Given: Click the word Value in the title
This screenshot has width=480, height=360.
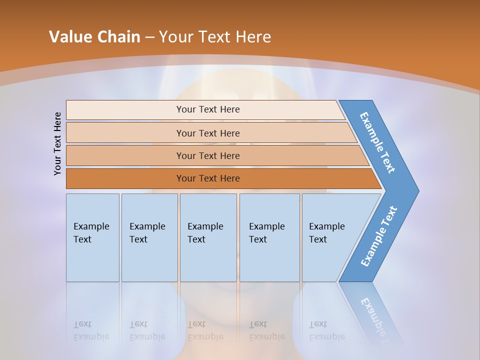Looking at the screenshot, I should [x=70, y=36].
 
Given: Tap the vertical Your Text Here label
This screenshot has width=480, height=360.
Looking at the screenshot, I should [x=57, y=143].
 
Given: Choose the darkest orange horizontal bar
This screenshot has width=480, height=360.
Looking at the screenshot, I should [x=125, y=178].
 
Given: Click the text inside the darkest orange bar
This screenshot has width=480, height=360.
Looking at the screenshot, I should [x=208, y=178].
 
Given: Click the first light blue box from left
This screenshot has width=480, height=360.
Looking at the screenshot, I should [x=92, y=237].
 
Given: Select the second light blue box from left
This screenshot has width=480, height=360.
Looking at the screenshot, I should [x=149, y=237].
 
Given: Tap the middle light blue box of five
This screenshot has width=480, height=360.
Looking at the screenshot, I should [x=208, y=237].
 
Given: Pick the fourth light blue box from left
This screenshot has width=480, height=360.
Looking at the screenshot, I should [x=269, y=237].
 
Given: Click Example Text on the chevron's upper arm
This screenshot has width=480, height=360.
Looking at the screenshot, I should [x=377, y=142].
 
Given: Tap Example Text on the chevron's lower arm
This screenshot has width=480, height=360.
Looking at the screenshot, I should [x=378, y=236].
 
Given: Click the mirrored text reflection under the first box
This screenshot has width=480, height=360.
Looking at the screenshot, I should [x=91, y=330].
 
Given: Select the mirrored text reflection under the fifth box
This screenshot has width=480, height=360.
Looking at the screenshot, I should [x=326, y=330].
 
